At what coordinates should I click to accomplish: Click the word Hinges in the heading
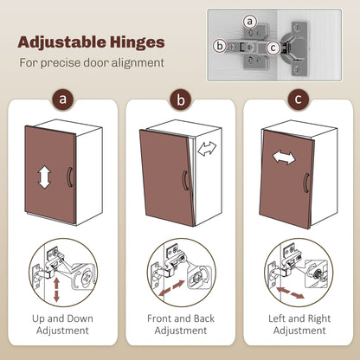pos(133,42)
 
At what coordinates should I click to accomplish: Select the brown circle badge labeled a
pos(63,100)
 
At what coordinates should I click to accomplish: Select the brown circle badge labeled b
pos(181,100)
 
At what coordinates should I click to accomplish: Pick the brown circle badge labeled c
pos(299,100)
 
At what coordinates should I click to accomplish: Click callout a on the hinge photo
pos(250,22)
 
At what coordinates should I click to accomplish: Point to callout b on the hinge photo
pos(220,46)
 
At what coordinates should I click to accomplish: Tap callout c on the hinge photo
pos(273,48)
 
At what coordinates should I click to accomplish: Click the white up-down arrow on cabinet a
pos(45,177)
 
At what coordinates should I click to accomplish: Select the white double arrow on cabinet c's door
pos(284,157)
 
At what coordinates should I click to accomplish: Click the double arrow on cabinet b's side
pos(207,148)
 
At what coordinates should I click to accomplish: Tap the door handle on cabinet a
pos(69,177)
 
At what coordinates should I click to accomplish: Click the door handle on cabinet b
pos(185,181)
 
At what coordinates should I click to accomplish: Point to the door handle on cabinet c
pos(306,183)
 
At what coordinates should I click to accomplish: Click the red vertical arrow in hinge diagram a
pos(56,289)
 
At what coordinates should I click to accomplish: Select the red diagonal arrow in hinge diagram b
pos(171,288)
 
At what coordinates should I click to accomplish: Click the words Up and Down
pos(62,318)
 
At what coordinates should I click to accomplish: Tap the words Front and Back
pos(181,318)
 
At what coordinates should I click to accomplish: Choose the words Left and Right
pos(299,318)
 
